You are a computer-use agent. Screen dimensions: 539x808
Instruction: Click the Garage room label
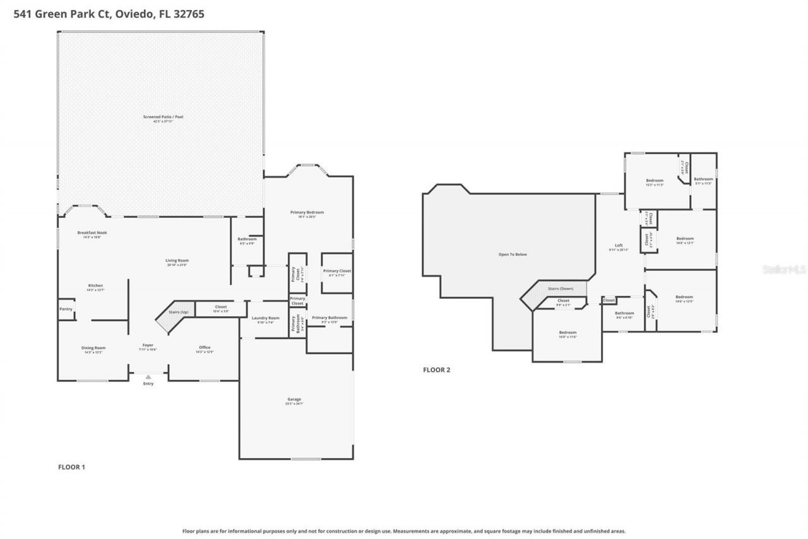point(294,399)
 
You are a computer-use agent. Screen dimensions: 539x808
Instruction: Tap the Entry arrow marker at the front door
point(148,377)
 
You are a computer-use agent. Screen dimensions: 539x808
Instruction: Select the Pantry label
point(66,309)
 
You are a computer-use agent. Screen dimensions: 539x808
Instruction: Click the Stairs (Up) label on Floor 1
point(179,312)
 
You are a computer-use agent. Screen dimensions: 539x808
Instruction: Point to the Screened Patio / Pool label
point(158,117)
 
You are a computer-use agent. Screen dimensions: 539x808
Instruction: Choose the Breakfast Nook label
point(92,233)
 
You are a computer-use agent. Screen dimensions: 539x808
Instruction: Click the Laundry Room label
point(265,318)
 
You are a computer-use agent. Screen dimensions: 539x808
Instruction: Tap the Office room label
point(204,348)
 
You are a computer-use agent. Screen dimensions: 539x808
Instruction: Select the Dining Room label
point(93,348)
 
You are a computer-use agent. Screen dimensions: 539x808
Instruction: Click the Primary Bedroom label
point(307,212)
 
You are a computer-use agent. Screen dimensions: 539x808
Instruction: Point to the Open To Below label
point(513,255)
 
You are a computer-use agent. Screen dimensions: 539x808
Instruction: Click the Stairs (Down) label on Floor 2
point(560,288)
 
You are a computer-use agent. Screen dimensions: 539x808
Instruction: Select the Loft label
point(619,245)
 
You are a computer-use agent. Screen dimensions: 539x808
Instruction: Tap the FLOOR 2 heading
point(436,370)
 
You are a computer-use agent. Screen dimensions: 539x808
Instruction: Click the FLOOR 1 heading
point(71,467)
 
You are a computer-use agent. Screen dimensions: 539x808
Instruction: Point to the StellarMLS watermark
point(784,269)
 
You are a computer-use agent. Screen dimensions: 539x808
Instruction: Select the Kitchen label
point(95,286)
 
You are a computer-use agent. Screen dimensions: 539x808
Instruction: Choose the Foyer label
point(148,345)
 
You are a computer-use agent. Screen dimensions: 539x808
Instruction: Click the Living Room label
point(177,260)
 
